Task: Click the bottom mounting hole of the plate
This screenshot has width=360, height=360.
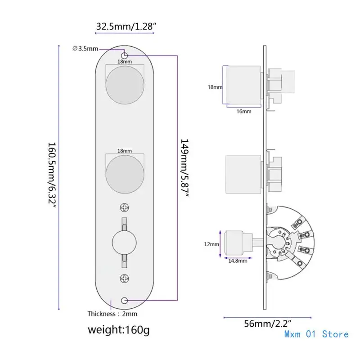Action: tap(125, 300)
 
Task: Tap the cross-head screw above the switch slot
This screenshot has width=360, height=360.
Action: tap(125, 207)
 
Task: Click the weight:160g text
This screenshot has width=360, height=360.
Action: tap(118, 330)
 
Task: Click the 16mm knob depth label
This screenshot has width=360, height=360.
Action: tap(243, 111)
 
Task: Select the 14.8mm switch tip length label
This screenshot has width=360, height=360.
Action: tap(238, 261)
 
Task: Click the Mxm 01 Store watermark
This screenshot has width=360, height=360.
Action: tap(316, 334)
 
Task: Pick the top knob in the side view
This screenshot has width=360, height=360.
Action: tap(243, 86)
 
